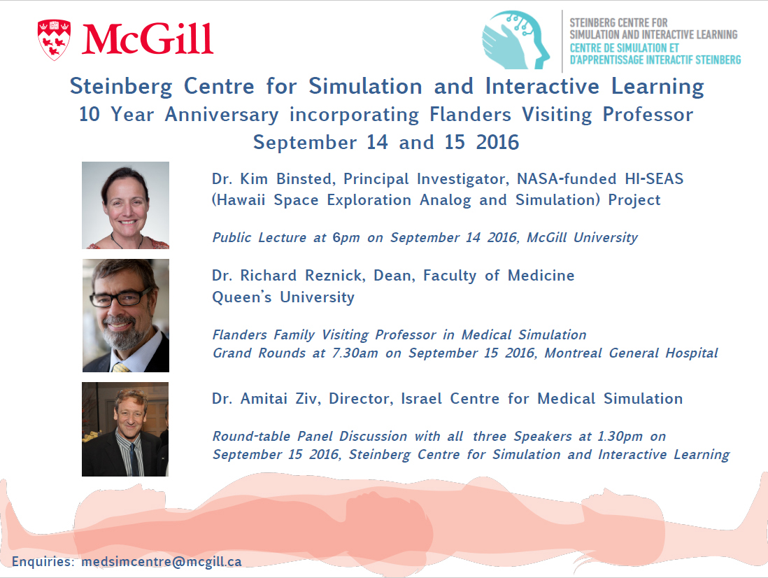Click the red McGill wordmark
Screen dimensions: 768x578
pos(148,39)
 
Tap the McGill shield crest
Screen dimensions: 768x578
pos(54,40)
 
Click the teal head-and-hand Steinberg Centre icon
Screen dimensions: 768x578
pos(515,40)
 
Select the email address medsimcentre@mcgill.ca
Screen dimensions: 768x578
pos(162,561)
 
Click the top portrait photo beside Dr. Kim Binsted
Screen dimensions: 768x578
pos(125,205)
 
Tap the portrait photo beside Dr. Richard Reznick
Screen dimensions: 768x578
pos(126,316)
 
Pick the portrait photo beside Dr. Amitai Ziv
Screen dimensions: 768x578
pos(125,429)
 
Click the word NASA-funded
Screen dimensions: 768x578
pos(566,179)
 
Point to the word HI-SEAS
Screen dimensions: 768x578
pos(654,179)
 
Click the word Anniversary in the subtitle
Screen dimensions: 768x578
pos(222,115)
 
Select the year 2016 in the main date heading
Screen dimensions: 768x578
pos(497,142)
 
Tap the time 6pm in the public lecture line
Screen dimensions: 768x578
pos(346,238)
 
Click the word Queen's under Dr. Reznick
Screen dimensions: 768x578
pos(241,297)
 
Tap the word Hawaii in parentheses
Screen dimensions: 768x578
pos(239,200)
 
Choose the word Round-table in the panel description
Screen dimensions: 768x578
pos(251,437)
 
